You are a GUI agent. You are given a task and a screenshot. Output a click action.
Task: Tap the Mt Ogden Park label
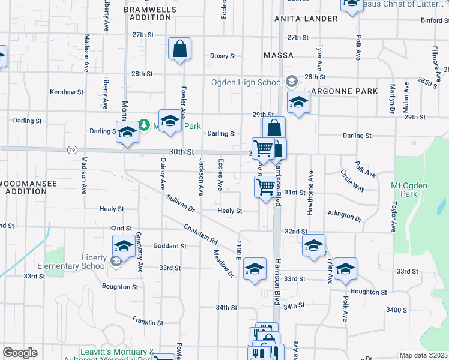coord(412,190)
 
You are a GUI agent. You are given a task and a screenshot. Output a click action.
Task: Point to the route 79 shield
coord(72,149)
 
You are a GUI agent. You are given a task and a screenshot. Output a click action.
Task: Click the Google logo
coord(20,353)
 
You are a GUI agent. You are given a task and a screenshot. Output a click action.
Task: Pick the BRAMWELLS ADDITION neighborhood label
coord(149,14)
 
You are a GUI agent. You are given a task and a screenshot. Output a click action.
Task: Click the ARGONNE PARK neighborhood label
coord(344,91)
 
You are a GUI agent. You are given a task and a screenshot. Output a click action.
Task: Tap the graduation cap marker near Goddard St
coord(124,246)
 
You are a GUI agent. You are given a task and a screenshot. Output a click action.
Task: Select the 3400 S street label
coord(397,310)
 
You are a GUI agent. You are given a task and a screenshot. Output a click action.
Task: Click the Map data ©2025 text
coord(423,355)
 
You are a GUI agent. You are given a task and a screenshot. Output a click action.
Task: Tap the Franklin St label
coord(148,322)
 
